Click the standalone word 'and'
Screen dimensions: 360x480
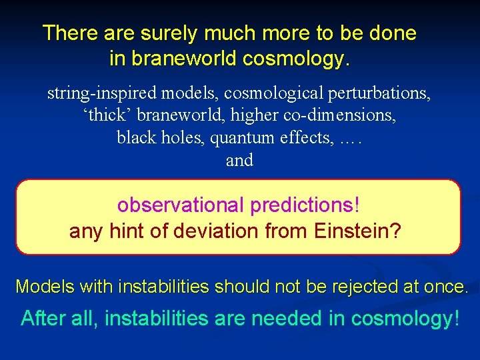click(239, 161)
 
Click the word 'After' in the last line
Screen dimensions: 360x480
click(43, 319)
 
